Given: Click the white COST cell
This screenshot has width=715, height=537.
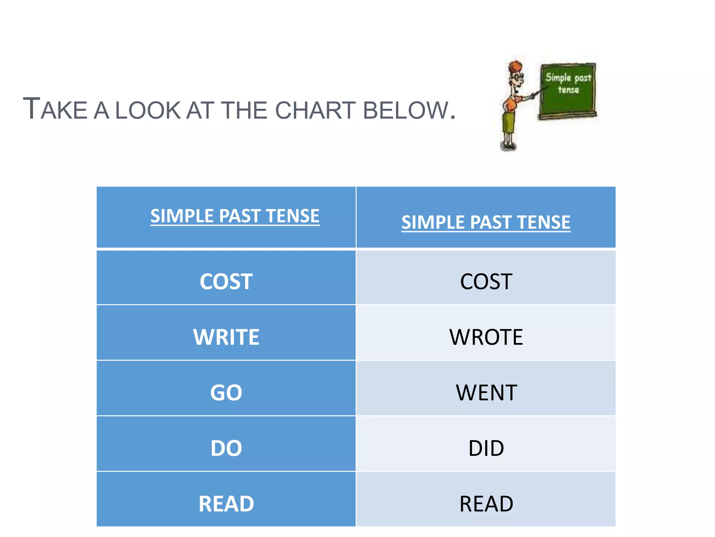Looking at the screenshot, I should pyautogui.click(x=226, y=281).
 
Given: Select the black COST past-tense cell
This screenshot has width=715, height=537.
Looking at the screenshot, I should pyautogui.click(x=486, y=281).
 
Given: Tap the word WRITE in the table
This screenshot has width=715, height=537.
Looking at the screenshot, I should pyautogui.click(x=226, y=337).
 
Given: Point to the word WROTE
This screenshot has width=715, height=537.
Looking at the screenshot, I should pyautogui.click(x=486, y=337).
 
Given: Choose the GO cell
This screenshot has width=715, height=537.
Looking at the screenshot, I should pyautogui.click(x=226, y=392).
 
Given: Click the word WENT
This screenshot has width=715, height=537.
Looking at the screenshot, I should pyautogui.click(x=486, y=392).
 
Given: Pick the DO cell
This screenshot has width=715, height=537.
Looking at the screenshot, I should pyautogui.click(x=226, y=448).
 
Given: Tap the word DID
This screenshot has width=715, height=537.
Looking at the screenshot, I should pyautogui.click(x=486, y=448).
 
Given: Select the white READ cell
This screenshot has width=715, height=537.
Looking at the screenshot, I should pyautogui.click(x=226, y=503).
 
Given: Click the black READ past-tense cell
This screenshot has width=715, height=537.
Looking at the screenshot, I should pyautogui.click(x=486, y=503).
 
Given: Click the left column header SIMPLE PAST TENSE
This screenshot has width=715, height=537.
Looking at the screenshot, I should pyautogui.click(x=235, y=216).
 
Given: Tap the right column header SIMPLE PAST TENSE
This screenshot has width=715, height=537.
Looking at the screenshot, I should pyautogui.click(x=486, y=222).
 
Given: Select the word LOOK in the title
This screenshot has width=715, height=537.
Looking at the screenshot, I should pyautogui.click(x=148, y=110).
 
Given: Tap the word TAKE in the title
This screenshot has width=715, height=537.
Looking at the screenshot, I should pyautogui.click(x=55, y=110).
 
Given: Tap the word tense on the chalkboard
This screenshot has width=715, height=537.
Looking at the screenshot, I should pyautogui.click(x=568, y=90).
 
